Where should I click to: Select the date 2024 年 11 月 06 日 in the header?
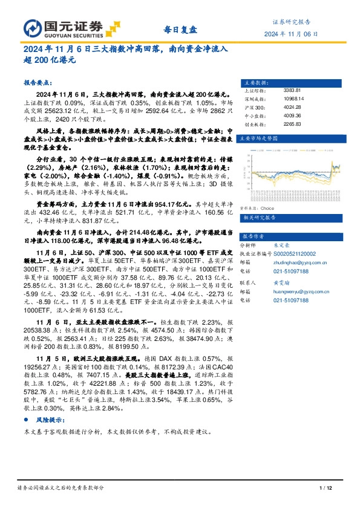(290, 34)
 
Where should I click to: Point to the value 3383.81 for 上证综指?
(292, 90)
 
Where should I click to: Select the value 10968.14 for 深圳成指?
(294, 99)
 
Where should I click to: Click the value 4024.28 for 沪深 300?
(292, 107)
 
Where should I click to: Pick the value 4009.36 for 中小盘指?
(292, 115)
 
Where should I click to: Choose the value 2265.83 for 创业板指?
(292, 124)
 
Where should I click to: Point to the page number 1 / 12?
(326, 488)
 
